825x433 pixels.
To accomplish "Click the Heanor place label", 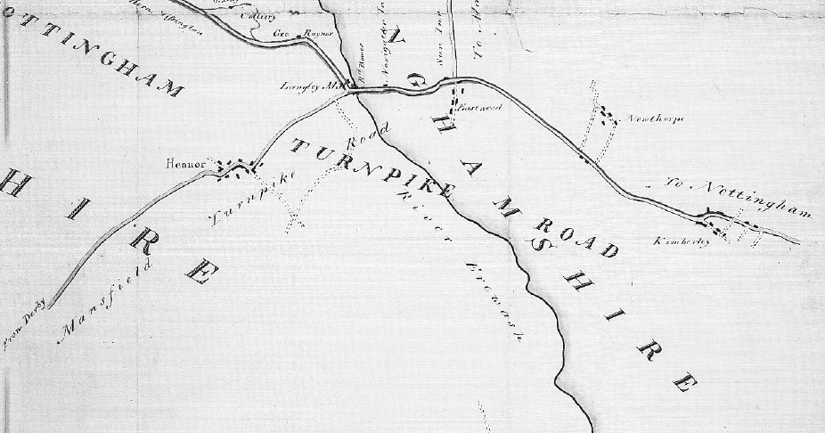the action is (185, 164).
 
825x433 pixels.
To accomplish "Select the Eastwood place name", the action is (482, 107).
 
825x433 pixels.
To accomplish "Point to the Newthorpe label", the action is (655, 118).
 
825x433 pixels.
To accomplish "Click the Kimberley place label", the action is (681, 241).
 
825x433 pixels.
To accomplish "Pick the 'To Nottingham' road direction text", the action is (739, 196).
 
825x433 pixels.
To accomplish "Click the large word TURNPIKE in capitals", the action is (374, 168).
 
